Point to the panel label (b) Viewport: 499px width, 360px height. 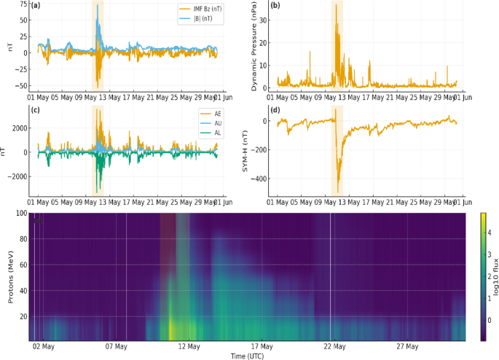(x=275, y=6)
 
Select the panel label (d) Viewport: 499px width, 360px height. (x=275, y=110)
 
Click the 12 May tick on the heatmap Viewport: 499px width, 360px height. (x=189, y=346)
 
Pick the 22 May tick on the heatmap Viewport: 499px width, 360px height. (x=333, y=346)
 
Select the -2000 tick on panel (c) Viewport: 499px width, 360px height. (x=18, y=176)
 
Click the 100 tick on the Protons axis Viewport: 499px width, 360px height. (x=21, y=214)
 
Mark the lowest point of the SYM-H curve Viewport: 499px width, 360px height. (x=338, y=192)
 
